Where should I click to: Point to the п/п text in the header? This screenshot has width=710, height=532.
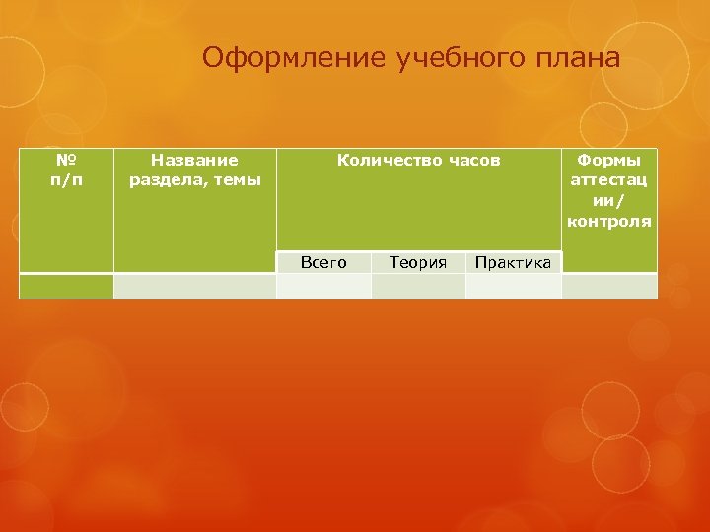(66, 179)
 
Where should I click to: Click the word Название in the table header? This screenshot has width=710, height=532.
(194, 159)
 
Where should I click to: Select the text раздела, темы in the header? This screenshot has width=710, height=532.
(194, 179)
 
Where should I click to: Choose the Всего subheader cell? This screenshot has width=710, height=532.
(323, 262)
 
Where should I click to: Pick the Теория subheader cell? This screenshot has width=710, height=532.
(418, 262)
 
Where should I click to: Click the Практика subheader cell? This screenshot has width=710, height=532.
(513, 262)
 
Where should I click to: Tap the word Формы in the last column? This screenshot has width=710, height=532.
(608, 159)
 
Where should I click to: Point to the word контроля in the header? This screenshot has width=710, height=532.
(608, 221)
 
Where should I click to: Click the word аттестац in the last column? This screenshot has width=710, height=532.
(608, 179)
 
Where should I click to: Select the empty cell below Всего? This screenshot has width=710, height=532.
(323, 286)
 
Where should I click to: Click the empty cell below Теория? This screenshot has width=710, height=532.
(418, 286)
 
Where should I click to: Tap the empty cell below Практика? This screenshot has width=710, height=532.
(513, 286)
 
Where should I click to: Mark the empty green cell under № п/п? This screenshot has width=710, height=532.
(66, 286)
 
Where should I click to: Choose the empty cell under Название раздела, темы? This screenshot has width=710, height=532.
(194, 286)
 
